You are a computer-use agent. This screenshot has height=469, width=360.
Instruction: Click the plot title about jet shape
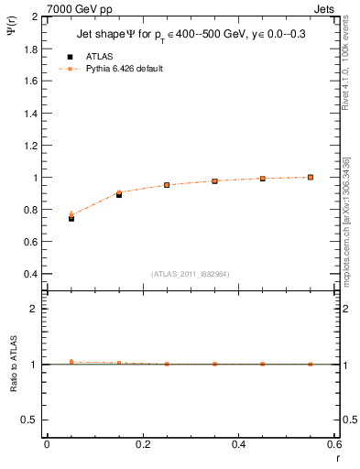[191, 36]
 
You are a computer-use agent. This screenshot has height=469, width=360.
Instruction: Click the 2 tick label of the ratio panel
[35, 309]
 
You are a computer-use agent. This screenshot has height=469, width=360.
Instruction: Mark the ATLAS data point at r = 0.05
[71, 218]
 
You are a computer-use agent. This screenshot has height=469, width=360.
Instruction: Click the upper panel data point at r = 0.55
[311, 177]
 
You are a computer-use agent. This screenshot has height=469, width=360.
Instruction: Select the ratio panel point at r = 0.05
[71, 362]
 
